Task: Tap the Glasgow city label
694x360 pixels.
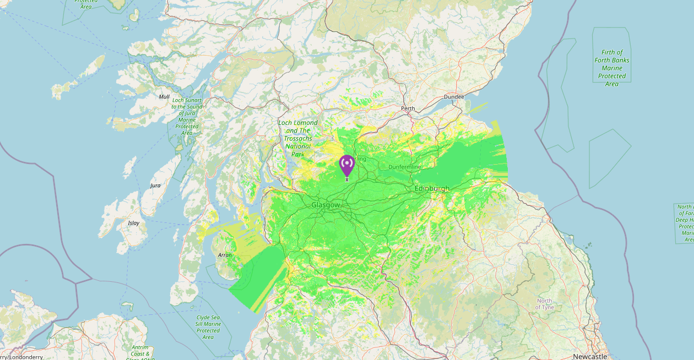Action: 326,205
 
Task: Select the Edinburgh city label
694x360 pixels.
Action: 432,188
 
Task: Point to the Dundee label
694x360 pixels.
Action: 454,97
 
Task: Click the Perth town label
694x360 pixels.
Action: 408,108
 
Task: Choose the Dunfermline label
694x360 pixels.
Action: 404,167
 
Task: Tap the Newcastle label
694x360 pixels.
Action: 590,356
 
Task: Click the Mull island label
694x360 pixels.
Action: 164,97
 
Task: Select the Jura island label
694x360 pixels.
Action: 155,186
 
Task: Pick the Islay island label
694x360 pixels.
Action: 133,223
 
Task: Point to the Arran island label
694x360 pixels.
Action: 225,255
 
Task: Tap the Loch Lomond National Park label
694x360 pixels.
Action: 298,138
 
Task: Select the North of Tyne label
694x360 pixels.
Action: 544,304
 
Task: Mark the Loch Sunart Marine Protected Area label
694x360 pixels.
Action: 187,117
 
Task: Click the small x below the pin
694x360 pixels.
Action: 347,180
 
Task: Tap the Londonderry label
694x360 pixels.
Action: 22,357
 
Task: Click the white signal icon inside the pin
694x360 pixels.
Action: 346,163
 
